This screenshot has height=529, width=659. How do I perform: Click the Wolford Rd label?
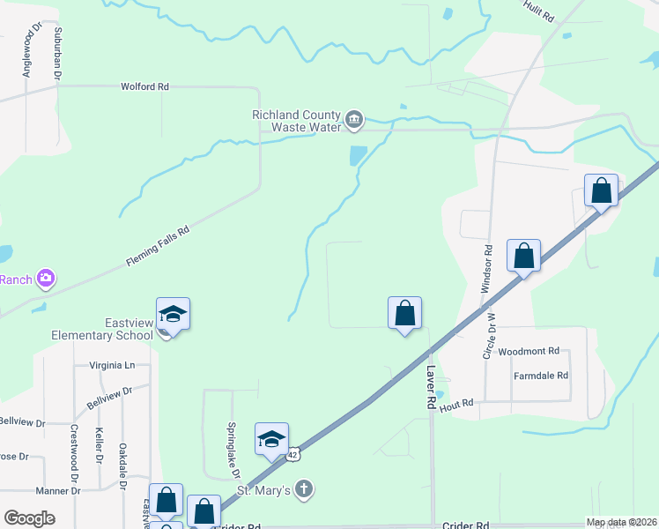tap(144, 87)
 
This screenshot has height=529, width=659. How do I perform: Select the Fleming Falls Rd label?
tap(158, 248)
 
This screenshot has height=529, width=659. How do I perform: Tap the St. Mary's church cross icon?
tap(303, 489)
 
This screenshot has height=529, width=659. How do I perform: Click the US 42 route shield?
tap(293, 453)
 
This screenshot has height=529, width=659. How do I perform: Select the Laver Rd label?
tap(431, 386)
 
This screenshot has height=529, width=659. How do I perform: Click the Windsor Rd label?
tap(486, 262)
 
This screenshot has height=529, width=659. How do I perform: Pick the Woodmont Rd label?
tap(529, 351)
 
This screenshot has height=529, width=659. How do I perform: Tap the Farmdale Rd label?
tap(541, 376)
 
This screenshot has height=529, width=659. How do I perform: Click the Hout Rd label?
tap(456, 405)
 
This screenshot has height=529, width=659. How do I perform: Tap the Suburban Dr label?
tap(57, 53)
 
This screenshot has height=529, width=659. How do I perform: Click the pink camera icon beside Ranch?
tap(46, 279)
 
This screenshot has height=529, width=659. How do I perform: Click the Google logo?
tap(29, 518)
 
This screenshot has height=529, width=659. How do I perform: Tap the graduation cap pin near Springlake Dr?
tap(271, 438)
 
